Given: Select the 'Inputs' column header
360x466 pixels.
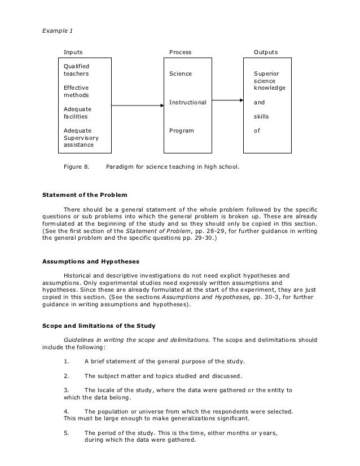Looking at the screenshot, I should pyautogui.click(x=72, y=52).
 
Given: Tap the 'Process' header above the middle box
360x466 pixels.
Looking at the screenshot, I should pyautogui.click(x=181, y=52).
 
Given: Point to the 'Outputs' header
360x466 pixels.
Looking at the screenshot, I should pyautogui.click(x=265, y=52).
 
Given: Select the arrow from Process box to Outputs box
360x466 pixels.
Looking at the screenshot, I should pyautogui.click(x=228, y=101).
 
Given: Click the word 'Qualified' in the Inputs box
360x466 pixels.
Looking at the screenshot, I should pyautogui.click(x=76, y=67).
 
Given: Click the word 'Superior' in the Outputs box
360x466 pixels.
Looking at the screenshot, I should pyautogui.click(x=265, y=74).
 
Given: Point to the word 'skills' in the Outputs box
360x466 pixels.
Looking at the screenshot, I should pyautogui.click(x=262, y=117).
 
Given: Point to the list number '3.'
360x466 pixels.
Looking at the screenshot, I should pyautogui.click(x=67, y=389).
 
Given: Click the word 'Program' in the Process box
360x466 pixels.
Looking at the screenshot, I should pyautogui.click(x=182, y=131).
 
